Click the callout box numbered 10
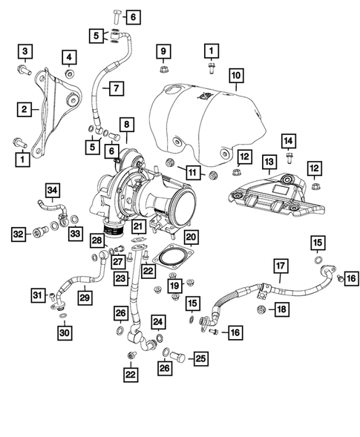(x=235, y=76)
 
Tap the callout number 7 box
(x=116, y=88)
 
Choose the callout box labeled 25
(x=200, y=358)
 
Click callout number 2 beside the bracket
(x=24, y=108)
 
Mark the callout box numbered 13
(x=268, y=161)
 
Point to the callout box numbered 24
(x=157, y=321)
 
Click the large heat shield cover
(x=208, y=122)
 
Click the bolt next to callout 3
(x=22, y=72)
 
